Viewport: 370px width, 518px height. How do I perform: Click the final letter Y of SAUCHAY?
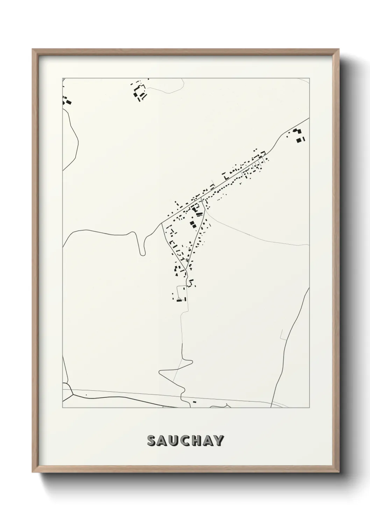tap(219, 441)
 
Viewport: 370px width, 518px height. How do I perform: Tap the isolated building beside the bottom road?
tap(194, 402)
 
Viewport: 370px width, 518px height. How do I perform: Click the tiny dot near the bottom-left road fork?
tap(86, 395)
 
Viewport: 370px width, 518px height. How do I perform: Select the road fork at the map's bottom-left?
tap(72, 393)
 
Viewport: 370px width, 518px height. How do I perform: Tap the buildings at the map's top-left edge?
tap(67, 101)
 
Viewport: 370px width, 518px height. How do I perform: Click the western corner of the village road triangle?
tap(162, 223)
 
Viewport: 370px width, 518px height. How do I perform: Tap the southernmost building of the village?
tap(179, 300)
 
